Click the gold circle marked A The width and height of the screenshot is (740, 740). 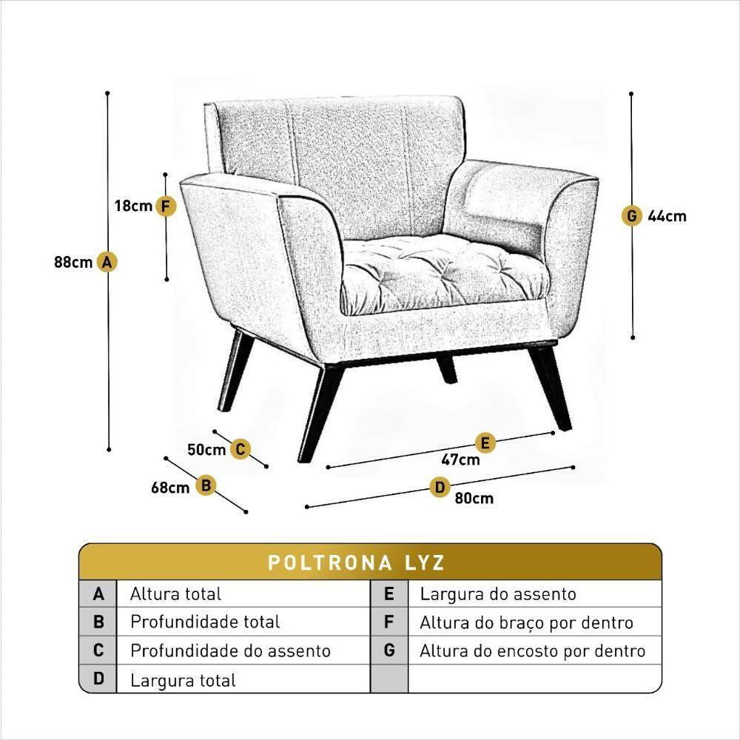107,262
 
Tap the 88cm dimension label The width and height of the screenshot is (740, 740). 73,262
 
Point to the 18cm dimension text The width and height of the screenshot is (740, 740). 133,206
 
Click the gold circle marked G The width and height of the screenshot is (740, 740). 631,216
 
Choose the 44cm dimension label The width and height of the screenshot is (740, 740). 667,216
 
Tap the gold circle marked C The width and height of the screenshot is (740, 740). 240,449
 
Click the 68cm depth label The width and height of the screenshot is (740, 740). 170,488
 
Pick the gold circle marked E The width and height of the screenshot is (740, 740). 485,443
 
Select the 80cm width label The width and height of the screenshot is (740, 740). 474,498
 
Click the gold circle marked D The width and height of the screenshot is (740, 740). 440,487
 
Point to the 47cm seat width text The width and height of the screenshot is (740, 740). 460,460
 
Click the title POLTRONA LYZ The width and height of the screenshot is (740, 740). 356,562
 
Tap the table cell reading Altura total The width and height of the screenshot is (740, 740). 175,593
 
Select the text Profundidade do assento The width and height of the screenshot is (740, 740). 230,651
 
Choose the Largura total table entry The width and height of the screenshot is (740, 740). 183,680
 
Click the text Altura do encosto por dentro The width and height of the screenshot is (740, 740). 532,651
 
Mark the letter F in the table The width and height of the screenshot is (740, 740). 389,622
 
